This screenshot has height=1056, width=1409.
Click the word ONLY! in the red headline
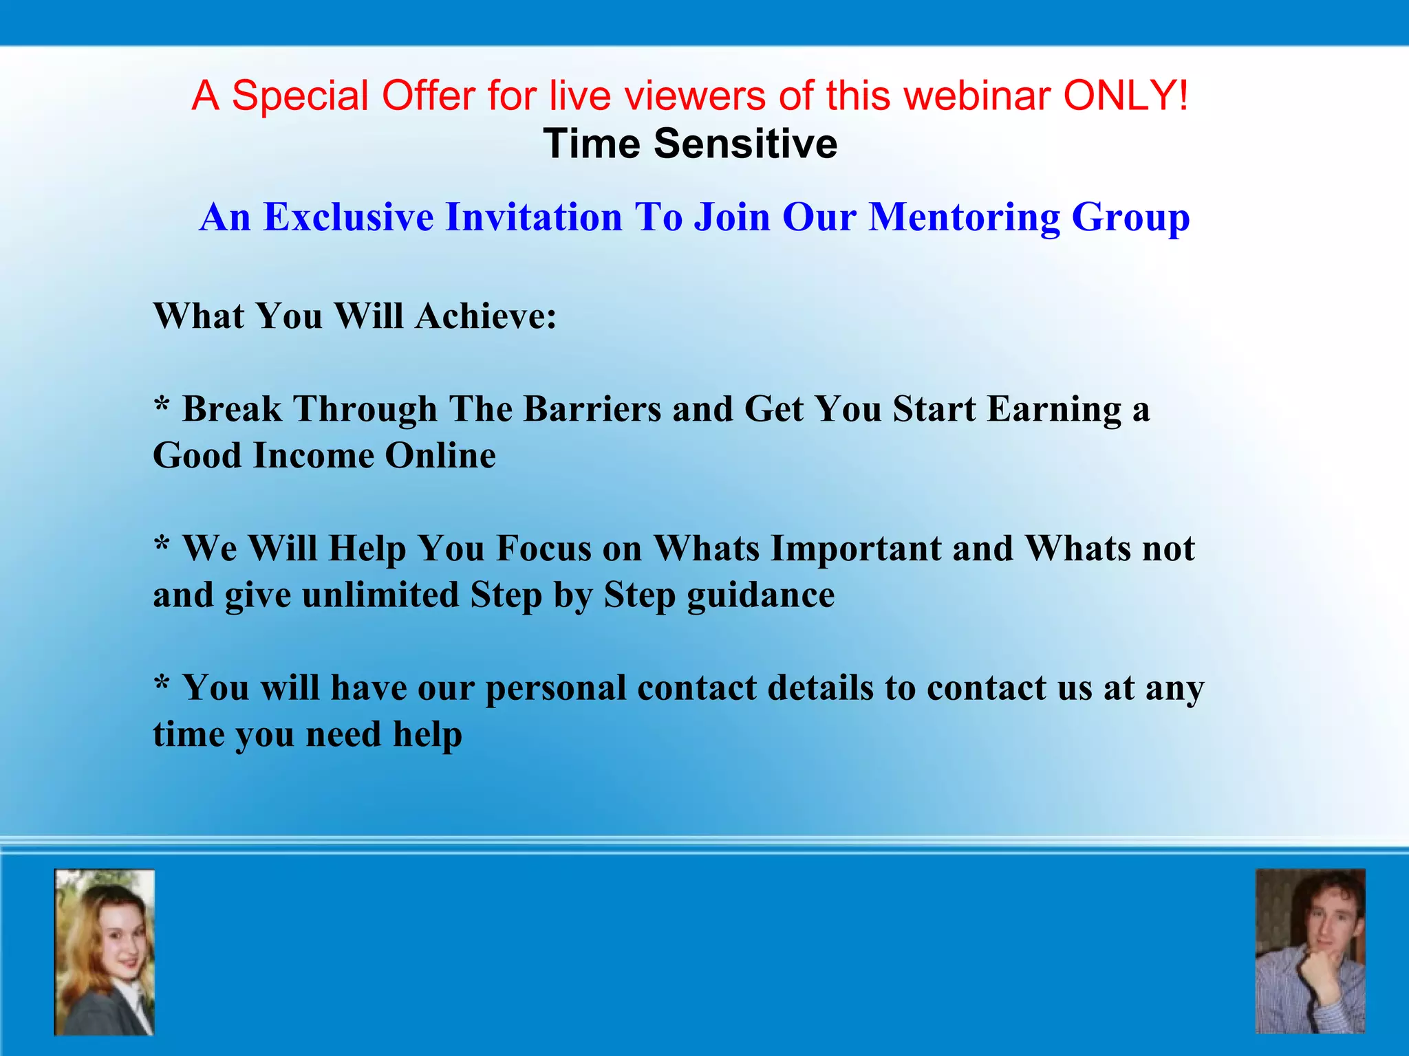[1126, 95]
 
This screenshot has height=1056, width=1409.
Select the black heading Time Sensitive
[690, 144]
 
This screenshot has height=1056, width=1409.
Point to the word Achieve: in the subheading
[486, 316]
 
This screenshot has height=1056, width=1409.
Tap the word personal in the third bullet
[556, 689]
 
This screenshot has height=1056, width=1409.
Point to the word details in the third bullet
[820, 687]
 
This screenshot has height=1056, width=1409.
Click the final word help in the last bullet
[427, 735]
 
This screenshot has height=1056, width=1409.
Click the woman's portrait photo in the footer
[105, 952]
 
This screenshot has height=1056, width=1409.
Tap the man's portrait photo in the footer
[1310, 951]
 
